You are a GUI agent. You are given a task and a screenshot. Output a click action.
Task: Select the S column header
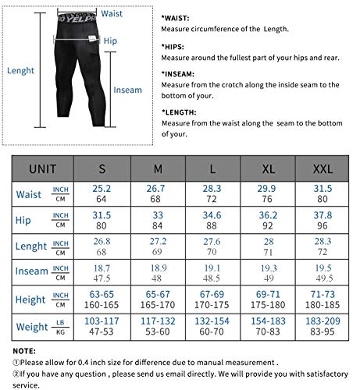(102, 168)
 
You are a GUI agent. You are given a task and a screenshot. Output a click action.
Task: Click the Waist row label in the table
(28, 194)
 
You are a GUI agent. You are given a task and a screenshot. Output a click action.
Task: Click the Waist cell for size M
(157, 194)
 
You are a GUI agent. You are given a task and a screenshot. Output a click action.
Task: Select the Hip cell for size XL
(267, 220)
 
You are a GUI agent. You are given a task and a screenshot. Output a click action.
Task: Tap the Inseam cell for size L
(212, 273)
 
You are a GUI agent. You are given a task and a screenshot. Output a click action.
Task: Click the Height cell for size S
(102, 299)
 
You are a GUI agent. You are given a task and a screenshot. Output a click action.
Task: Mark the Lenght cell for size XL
(267, 246)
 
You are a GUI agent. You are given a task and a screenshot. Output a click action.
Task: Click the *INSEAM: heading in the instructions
(181, 72)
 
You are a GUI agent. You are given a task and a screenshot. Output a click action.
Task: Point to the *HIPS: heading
(176, 45)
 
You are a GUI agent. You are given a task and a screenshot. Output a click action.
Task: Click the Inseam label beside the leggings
(127, 90)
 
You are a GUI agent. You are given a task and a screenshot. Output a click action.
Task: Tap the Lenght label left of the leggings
(20, 70)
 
